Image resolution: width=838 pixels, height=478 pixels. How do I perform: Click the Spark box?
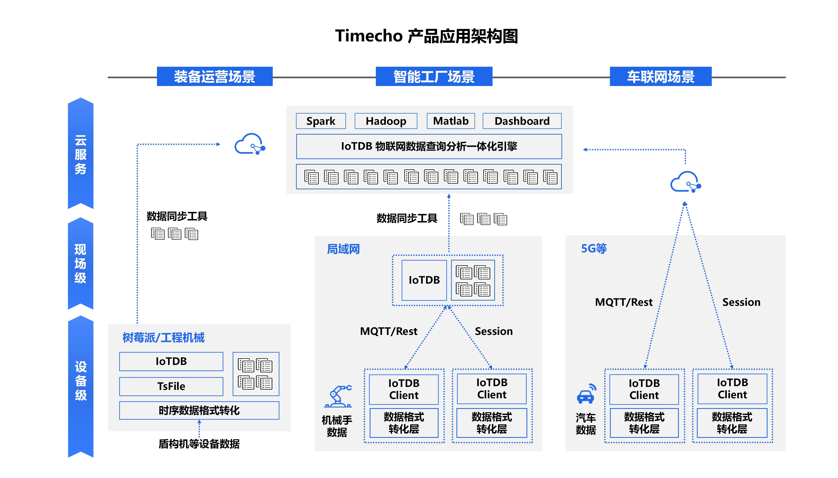point(321,121)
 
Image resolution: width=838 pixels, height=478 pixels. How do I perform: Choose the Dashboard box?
point(522,121)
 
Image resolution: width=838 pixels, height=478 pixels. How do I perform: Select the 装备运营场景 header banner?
point(215,77)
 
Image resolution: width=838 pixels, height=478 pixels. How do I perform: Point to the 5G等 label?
point(594,249)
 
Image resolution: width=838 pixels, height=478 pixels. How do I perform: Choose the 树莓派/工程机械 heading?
point(163,337)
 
